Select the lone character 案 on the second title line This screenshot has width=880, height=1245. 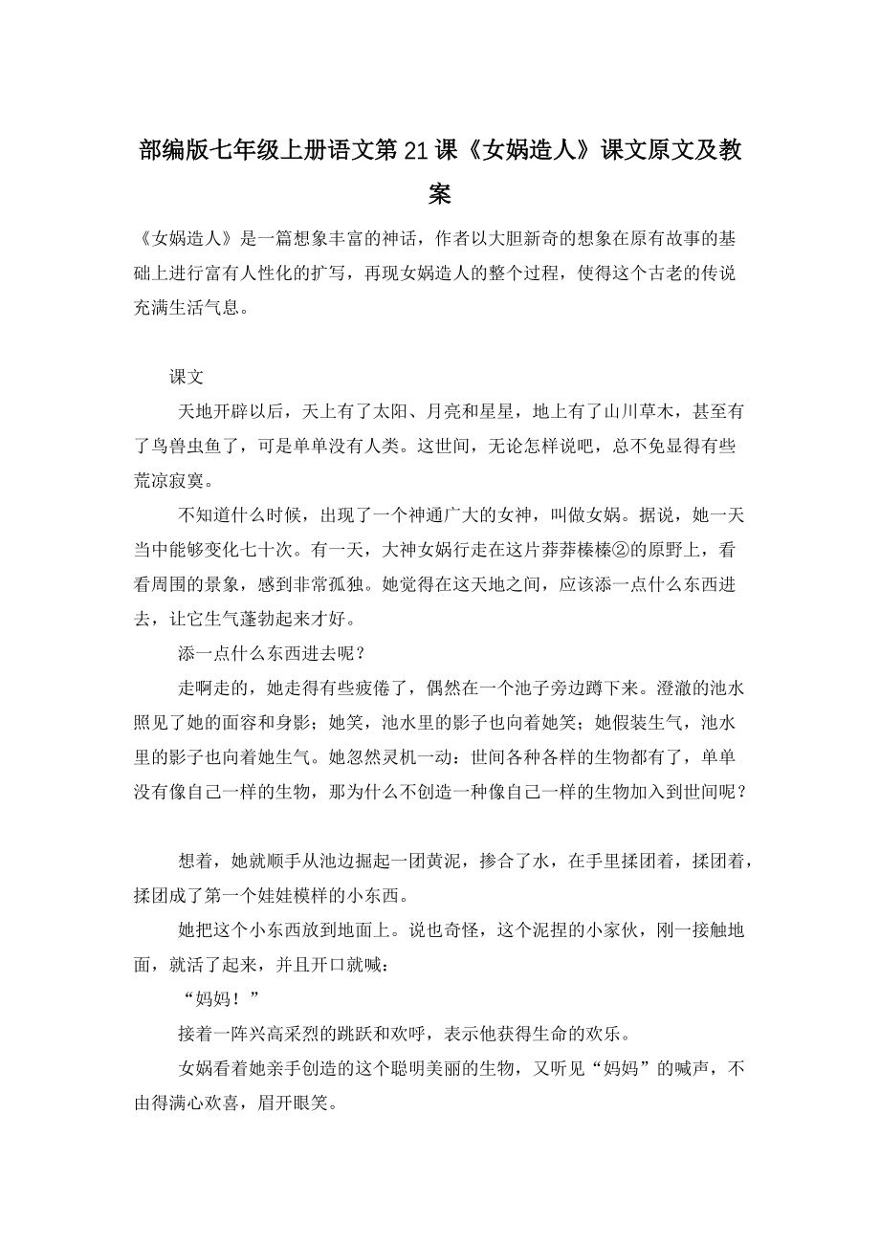[x=440, y=196]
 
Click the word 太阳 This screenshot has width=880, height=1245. [x=393, y=411]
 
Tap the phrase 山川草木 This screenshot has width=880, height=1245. [x=639, y=411]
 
